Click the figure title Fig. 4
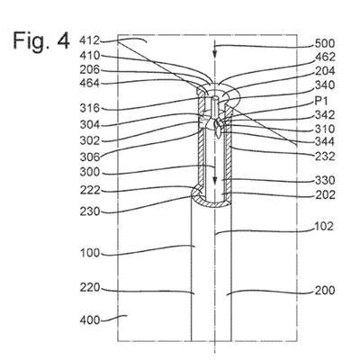click(41, 41)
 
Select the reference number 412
click(89, 40)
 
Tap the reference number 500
click(325, 44)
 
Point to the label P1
click(321, 102)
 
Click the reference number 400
click(90, 320)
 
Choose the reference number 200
click(325, 291)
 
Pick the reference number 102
click(324, 226)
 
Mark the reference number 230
click(90, 211)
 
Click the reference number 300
click(90, 172)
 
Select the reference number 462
click(325, 57)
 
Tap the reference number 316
click(90, 108)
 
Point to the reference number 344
click(325, 141)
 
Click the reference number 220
click(90, 288)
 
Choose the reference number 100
click(90, 253)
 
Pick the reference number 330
click(325, 180)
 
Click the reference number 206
click(89, 70)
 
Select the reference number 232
click(325, 157)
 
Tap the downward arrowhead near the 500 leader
click(214, 53)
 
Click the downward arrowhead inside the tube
click(214, 180)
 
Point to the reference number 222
click(90, 190)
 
